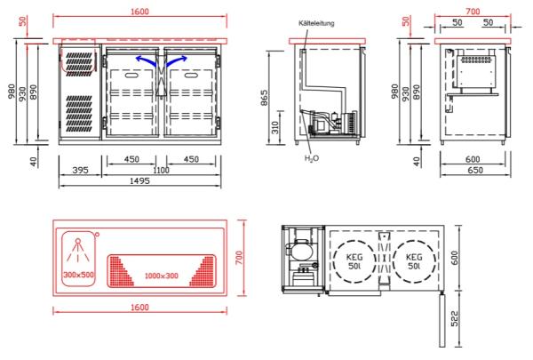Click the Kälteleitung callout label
click(x=316, y=23)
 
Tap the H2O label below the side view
click(x=312, y=158)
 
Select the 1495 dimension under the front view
click(x=139, y=180)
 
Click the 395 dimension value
click(x=80, y=170)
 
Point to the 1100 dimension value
click(x=161, y=170)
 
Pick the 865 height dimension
click(x=264, y=98)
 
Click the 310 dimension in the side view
click(x=275, y=127)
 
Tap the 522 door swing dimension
click(x=455, y=318)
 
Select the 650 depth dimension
click(x=475, y=170)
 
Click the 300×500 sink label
click(x=78, y=275)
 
